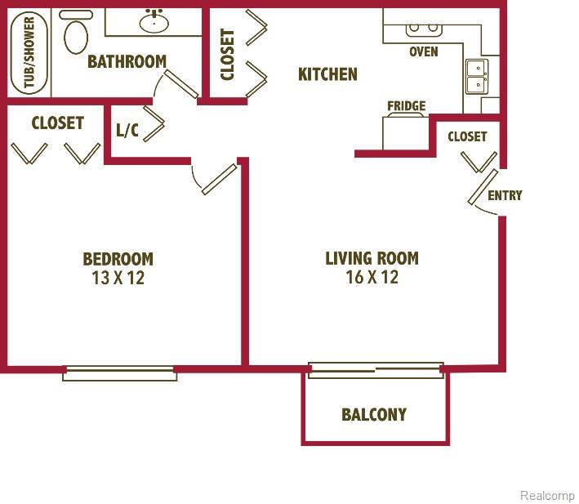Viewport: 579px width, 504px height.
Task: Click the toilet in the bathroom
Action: point(76,33)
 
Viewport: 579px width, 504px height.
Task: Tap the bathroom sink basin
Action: point(154,22)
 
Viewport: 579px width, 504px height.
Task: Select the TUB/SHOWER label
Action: point(29,52)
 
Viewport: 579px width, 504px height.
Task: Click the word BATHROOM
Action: point(127,61)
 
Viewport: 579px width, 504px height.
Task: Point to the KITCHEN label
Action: point(327,74)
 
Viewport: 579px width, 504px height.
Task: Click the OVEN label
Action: point(424,51)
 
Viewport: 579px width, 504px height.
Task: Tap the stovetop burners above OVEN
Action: point(424,29)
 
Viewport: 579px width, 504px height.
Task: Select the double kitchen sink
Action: point(477,77)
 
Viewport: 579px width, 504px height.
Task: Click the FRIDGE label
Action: point(406,106)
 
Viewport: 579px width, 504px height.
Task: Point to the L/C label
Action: point(127,130)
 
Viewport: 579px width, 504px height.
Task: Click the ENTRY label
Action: point(505,195)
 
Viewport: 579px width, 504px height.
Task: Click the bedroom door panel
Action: point(220,180)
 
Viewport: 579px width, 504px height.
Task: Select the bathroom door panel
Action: point(181,84)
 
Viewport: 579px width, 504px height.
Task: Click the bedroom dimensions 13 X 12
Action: point(118,278)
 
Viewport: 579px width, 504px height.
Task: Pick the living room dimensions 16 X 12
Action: point(372,277)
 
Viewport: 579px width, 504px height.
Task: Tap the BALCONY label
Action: point(374,415)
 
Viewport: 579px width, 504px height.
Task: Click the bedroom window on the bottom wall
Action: point(120,373)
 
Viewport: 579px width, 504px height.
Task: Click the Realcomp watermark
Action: point(547,495)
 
